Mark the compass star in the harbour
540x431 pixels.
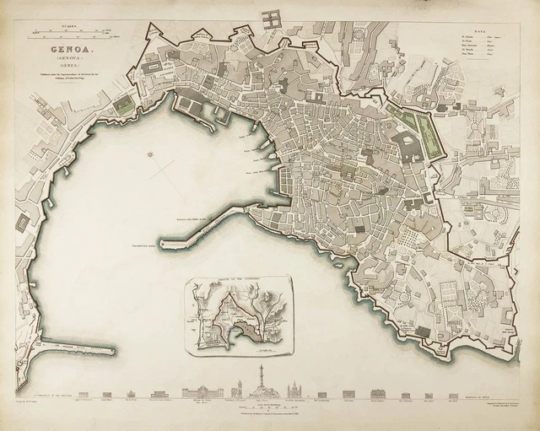click(x=150, y=154)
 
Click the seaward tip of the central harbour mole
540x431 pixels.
click(x=164, y=245)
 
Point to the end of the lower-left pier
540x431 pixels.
click(x=112, y=348)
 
